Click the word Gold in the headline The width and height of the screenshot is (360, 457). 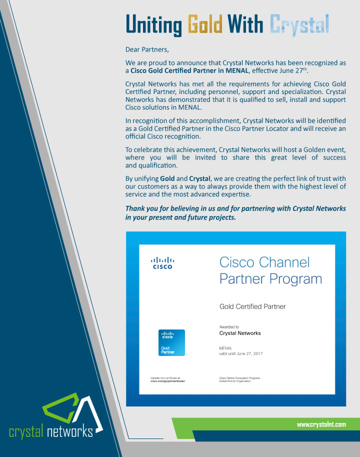(205, 23)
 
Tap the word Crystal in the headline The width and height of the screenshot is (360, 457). (299, 23)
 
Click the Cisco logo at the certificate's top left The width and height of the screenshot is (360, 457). (162, 263)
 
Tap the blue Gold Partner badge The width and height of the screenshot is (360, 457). (171, 342)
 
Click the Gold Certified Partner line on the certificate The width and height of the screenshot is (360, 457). (252, 306)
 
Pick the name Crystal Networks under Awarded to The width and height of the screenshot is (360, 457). (240, 333)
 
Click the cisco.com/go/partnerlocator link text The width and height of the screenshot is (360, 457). (171, 381)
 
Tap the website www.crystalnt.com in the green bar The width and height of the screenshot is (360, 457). (321, 424)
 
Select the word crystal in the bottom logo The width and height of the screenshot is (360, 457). (26, 431)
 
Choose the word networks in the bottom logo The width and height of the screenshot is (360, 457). (70, 431)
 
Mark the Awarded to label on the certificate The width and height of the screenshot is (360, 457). (229, 327)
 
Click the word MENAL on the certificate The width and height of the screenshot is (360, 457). (225, 347)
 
